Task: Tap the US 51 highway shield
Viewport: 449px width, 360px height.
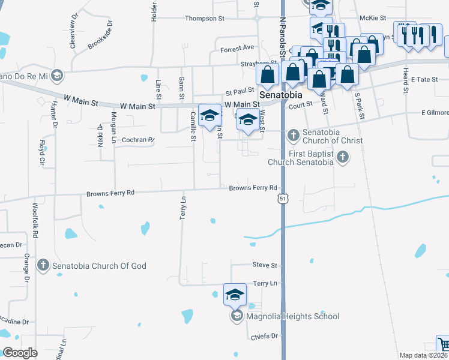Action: click(x=282, y=198)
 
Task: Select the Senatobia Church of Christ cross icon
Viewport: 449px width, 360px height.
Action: click(x=293, y=135)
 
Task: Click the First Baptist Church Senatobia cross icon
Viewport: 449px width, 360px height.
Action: click(x=342, y=158)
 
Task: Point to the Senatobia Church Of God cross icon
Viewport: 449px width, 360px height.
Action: click(x=43, y=265)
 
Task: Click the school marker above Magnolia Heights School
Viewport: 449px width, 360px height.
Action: click(x=235, y=294)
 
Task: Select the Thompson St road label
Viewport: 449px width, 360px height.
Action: click(x=204, y=19)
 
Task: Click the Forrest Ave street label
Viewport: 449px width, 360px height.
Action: click(x=237, y=48)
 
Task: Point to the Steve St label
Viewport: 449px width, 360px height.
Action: click(x=265, y=265)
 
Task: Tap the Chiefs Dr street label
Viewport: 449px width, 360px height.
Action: click(x=267, y=336)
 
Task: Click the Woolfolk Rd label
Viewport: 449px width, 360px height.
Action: click(x=35, y=219)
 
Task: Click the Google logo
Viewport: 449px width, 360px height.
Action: click(x=20, y=353)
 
